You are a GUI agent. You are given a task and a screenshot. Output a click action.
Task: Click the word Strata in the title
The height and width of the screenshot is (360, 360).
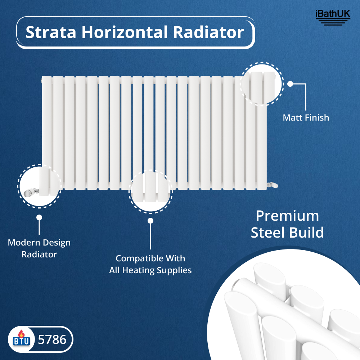coord(51,32)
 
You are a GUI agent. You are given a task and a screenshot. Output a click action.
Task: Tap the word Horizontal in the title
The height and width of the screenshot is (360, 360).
coord(124,32)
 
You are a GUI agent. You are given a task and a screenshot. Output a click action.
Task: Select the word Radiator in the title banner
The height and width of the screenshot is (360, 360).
coord(208,32)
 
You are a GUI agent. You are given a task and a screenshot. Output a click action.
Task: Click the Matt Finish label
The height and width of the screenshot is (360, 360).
coord(306,117)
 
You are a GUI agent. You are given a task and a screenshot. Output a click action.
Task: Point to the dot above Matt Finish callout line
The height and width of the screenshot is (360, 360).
coord(290,84)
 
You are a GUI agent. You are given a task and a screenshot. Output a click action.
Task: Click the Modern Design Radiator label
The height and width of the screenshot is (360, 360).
coord(39,248)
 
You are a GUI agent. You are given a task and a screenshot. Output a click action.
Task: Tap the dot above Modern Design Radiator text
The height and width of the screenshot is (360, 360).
coord(39,217)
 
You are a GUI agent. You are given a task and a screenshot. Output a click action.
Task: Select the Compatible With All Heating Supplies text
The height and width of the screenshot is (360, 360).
coord(150,264)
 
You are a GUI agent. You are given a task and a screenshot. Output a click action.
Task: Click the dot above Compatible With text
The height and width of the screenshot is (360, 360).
coord(150,220)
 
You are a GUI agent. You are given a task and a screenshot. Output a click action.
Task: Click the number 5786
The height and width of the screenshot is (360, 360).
coord(52,339)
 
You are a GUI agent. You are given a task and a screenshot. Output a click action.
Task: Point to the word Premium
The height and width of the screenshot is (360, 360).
coord(287,216)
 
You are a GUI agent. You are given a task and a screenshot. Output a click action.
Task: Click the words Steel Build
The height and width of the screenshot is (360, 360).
coord(287,233)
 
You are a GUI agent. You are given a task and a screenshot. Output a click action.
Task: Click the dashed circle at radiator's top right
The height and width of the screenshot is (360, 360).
coord(262,84)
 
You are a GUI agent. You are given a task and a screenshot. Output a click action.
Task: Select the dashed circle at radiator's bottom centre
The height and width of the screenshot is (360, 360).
coord(150,192)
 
